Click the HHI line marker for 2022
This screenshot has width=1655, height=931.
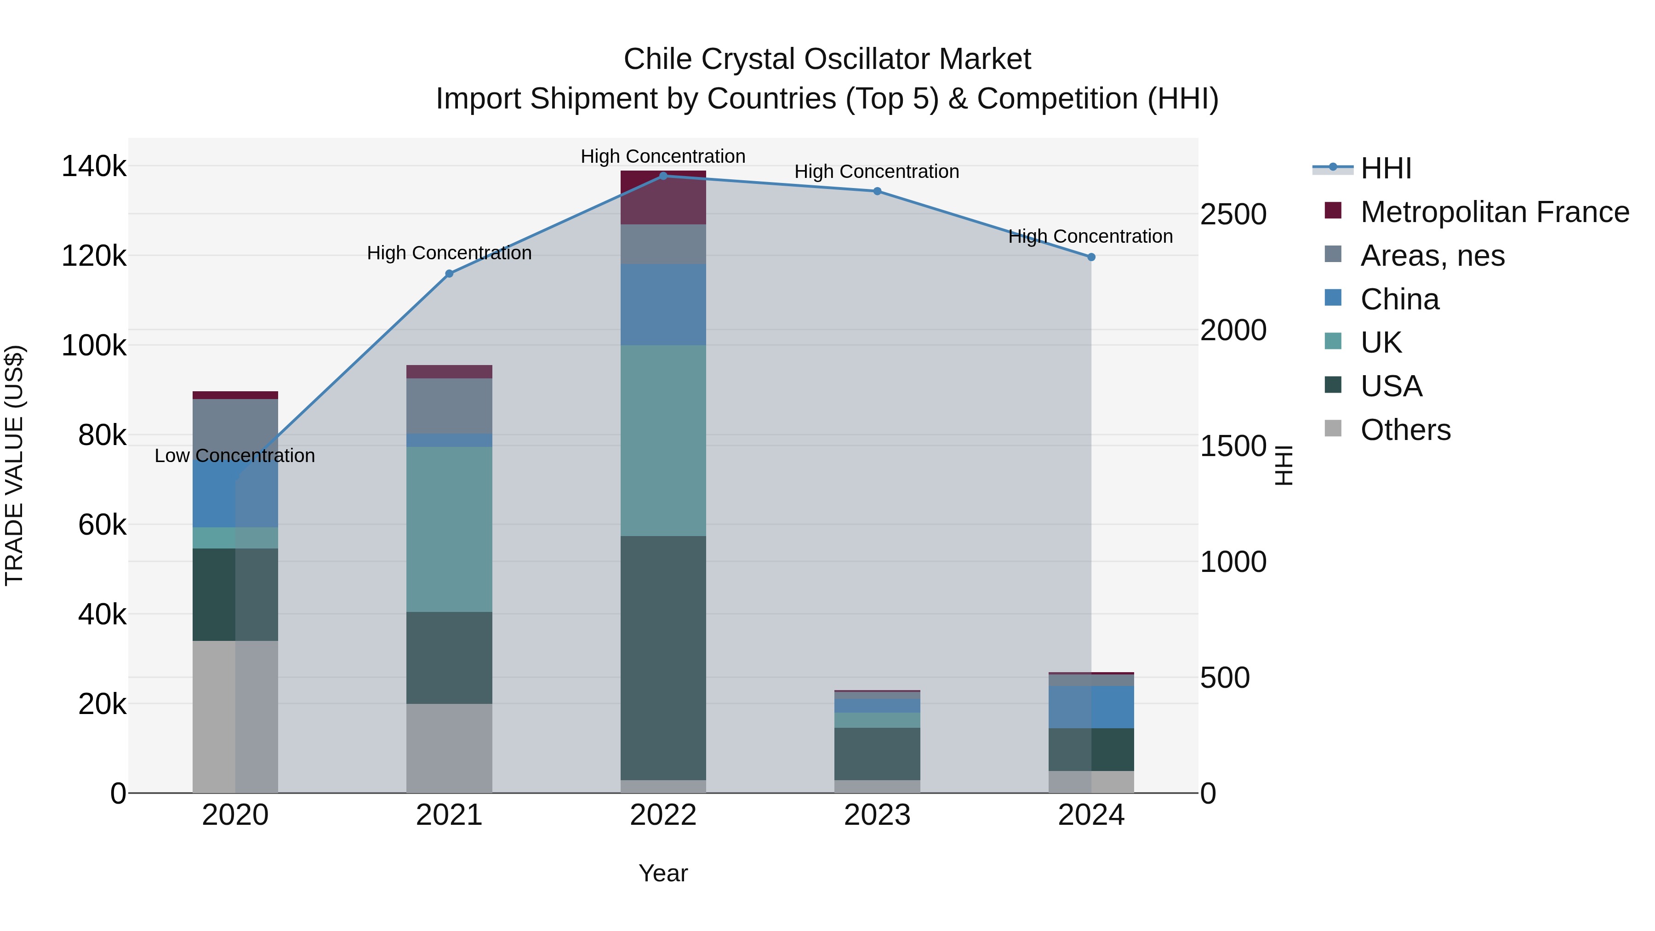[x=663, y=176]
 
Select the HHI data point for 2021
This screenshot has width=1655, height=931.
[x=449, y=274]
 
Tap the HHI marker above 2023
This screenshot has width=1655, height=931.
[x=877, y=191]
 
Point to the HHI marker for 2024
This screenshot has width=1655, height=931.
[x=1091, y=257]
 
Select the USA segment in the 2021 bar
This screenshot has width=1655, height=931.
[x=449, y=657]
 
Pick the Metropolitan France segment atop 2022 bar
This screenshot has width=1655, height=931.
[x=663, y=197]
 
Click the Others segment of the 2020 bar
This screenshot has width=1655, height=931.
[x=235, y=716]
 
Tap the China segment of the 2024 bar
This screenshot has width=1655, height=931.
[x=1091, y=707]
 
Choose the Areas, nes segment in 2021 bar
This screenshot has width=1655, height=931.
[x=449, y=406]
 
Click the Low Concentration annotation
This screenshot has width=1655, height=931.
[x=235, y=456]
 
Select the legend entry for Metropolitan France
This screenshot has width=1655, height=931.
[x=1495, y=212]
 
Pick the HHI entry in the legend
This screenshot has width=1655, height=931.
[x=1386, y=168]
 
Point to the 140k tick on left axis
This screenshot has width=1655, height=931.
[x=94, y=166]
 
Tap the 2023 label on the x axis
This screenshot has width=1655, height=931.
[x=877, y=815]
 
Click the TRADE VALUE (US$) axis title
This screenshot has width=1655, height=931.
[x=14, y=465]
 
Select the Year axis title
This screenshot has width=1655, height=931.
[x=663, y=873]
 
